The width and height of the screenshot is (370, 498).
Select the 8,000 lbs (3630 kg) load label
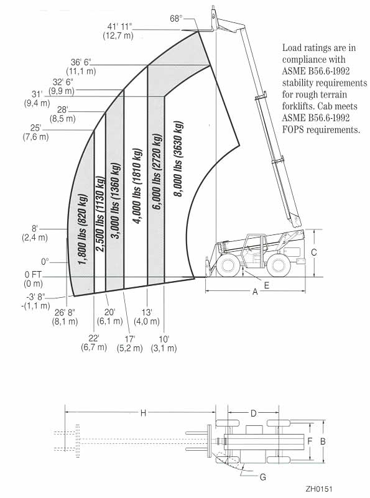click(x=178, y=159)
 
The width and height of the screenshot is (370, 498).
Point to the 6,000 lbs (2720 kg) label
click(x=157, y=172)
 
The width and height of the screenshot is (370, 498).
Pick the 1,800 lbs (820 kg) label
click(x=83, y=230)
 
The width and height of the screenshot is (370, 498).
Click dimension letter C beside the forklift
click(x=314, y=252)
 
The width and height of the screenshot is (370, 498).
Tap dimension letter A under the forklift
click(x=255, y=292)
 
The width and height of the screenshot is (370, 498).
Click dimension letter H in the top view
click(x=143, y=413)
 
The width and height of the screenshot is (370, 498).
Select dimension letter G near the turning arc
click(x=263, y=477)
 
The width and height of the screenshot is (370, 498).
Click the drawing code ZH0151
click(x=319, y=489)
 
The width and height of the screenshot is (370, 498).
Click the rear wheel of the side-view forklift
click(x=279, y=267)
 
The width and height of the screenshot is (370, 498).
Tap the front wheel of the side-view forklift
click(x=228, y=267)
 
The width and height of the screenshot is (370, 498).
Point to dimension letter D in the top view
click(x=254, y=413)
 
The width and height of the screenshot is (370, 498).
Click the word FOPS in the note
click(x=293, y=129)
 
